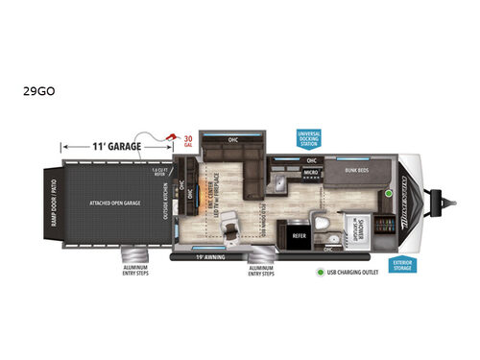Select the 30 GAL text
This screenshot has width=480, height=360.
pyautogui.click(x=187, y=144)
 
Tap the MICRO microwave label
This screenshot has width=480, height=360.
pyautogui.click(x=311, y=174)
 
